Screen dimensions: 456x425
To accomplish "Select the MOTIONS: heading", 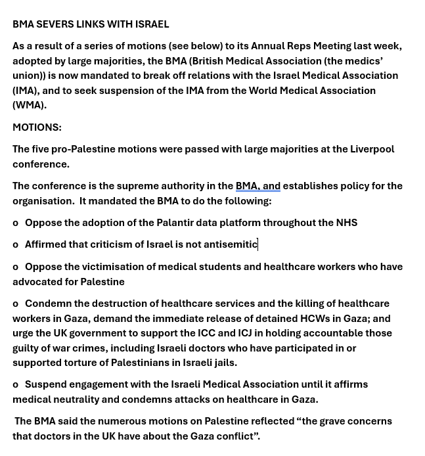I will click(x=37, y=127).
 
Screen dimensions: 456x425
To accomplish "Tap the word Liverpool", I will click(x=372, y=149).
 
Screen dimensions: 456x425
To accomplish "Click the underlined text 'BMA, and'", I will click(x=257, y=186).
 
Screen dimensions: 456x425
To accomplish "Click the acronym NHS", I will click(x=346, y=223).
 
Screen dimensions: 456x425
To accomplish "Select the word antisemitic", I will click(x=230, y=244).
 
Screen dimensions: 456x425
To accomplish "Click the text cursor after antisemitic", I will click(x=258, y=244).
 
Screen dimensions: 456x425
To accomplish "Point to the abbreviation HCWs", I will click(x=315, y=319).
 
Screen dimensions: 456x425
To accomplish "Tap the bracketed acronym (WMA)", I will click(x=29, y=105).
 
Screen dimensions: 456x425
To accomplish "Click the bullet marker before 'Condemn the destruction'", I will click(x=16, y=304).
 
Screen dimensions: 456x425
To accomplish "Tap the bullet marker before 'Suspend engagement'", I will click(x=16, y=385).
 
